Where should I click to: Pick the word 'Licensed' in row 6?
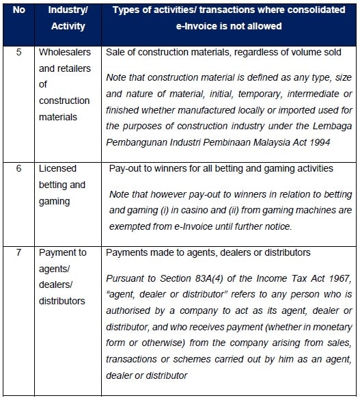point(58,168)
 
